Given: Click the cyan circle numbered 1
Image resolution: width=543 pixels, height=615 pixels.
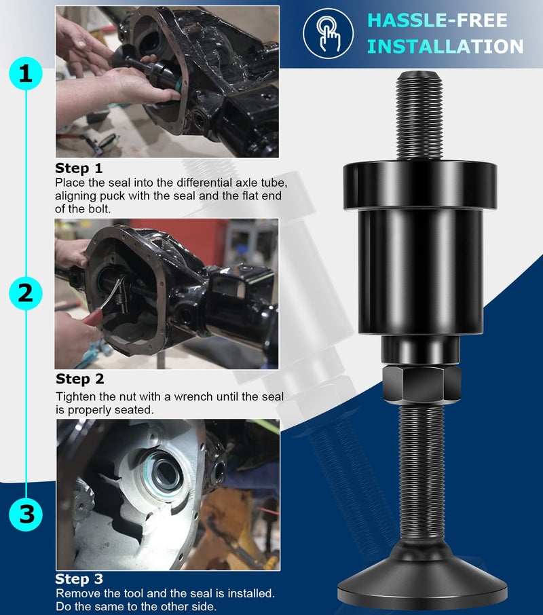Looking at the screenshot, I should pos(26,73).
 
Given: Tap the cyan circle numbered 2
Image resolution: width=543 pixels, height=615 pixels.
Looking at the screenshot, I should pos(26,293).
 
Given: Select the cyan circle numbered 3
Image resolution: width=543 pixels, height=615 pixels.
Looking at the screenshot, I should pos(26,514).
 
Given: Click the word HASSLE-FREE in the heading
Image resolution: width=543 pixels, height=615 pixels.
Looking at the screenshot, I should pos(437,20).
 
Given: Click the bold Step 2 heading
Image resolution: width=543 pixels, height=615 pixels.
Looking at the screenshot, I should pos(80,379).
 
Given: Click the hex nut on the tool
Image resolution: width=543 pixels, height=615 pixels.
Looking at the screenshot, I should pos(421,384).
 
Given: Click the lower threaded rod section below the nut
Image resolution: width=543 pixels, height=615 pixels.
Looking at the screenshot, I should pos(421,475).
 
